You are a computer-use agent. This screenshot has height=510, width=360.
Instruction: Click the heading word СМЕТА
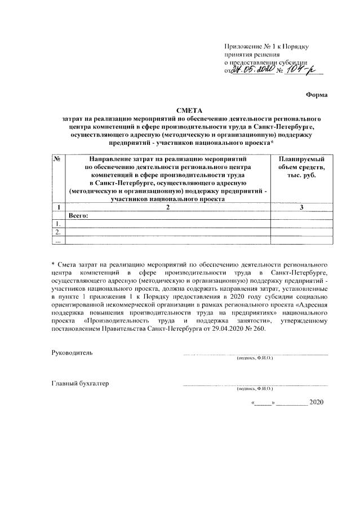click(x=192, y=110)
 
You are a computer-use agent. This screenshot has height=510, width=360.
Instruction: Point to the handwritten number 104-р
click(x=304, y=70)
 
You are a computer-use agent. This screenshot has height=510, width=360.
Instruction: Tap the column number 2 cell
click(x=167, y=208)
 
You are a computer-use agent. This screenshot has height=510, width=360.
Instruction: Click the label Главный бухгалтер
click(x=80, y=384)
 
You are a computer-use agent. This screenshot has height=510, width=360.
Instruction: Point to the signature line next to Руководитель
click(x=255, y=354)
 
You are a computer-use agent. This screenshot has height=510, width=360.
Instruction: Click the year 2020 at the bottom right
click(x=317, y=402)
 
